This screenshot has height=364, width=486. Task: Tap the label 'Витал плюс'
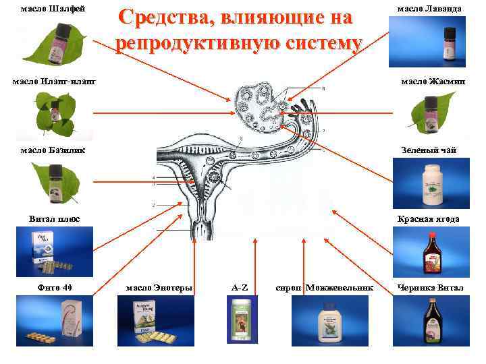pos(55,218)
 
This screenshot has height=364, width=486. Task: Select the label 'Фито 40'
pos(55,288)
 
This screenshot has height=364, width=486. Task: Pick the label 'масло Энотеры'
pos(159,288)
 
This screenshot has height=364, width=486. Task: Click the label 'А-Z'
pos(240,288)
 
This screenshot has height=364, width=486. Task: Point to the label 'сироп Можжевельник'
pos(325,288)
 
